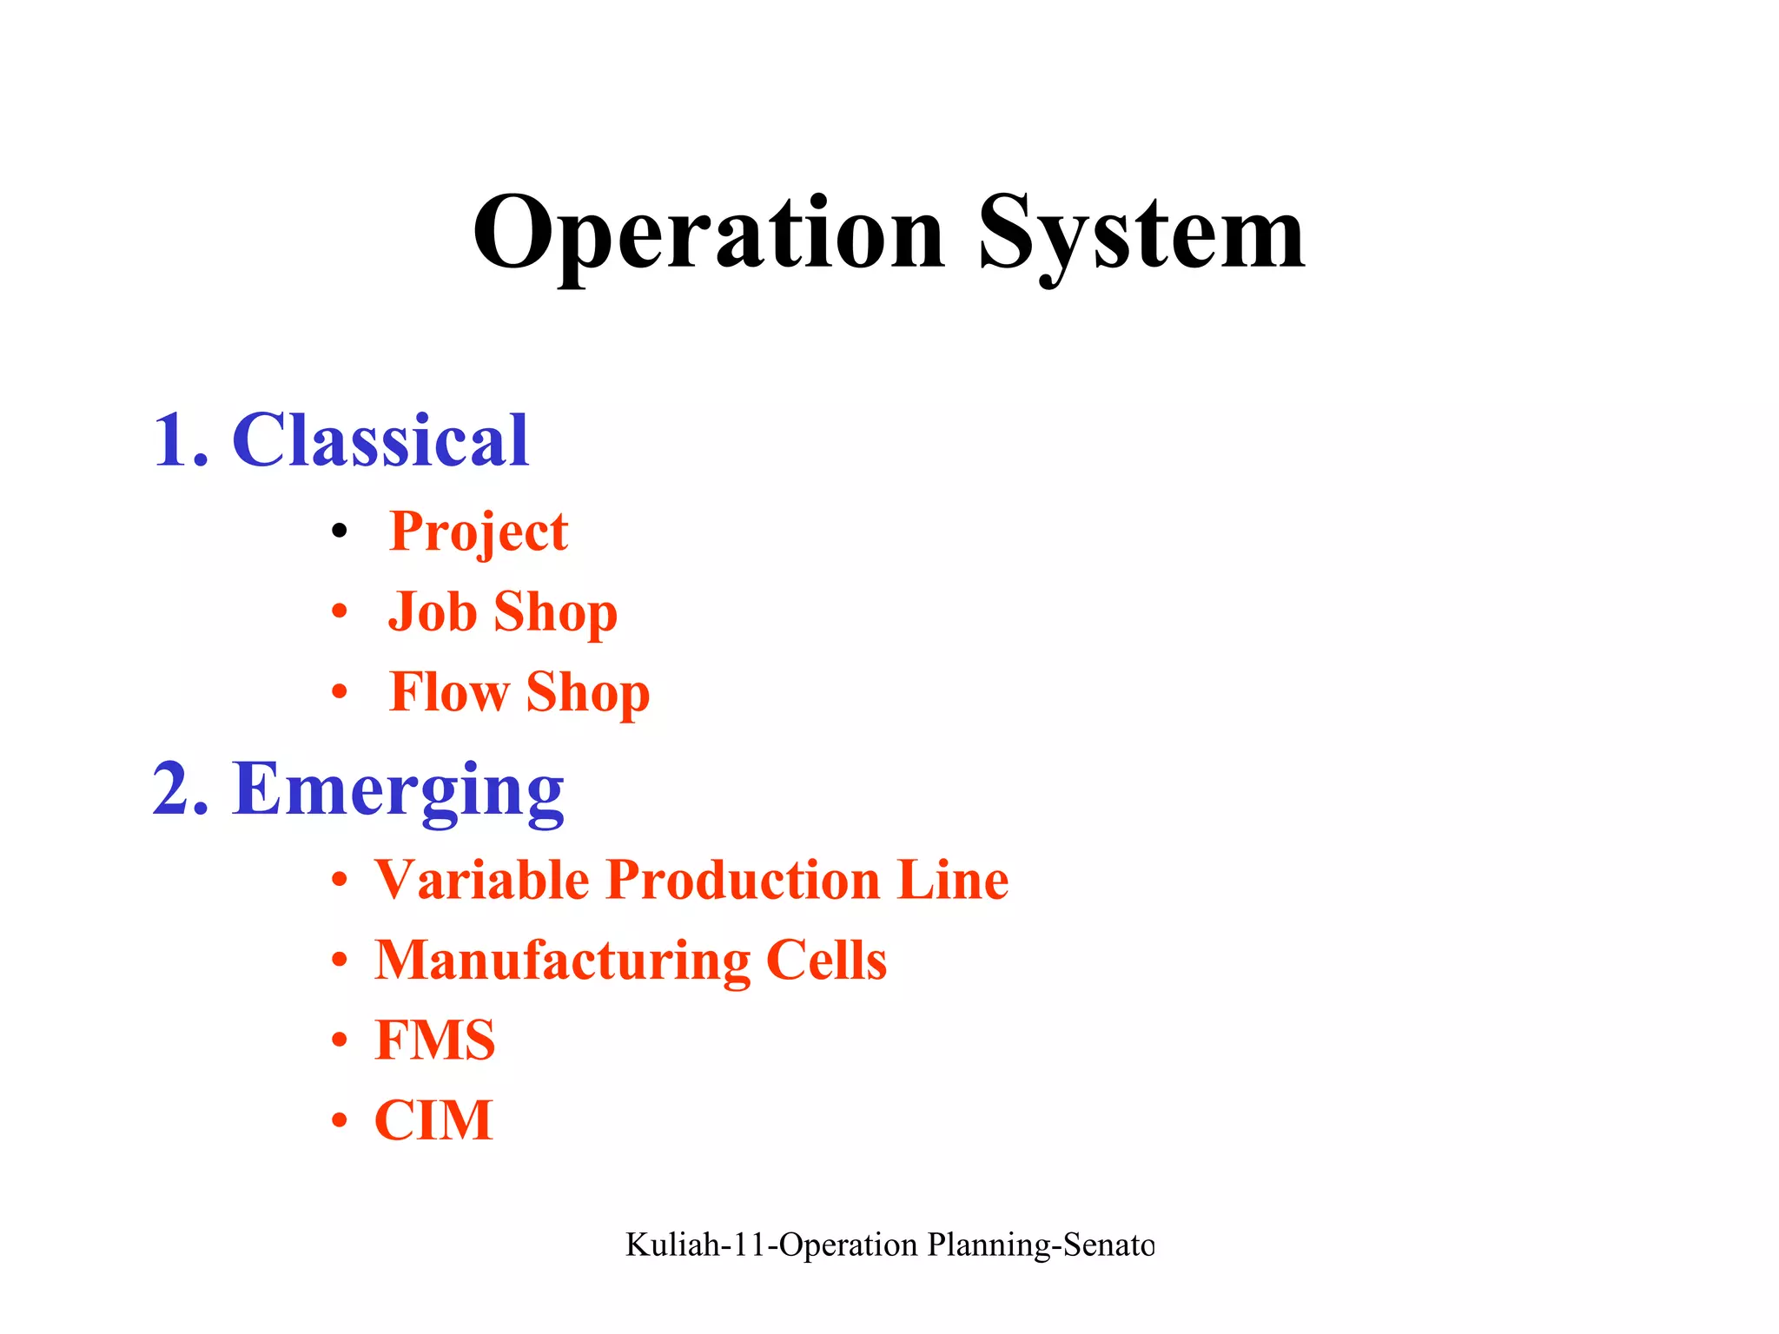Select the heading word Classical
380,440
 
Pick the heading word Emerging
398,789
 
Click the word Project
479,532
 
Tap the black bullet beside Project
340,531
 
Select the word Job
432,611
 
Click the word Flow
448,692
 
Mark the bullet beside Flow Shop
340,692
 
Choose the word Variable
482,880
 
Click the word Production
743,880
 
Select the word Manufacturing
562,961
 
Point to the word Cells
826,961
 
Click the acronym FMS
434,1040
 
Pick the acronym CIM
433,1120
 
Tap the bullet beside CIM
340,1120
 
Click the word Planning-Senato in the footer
1041,1245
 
